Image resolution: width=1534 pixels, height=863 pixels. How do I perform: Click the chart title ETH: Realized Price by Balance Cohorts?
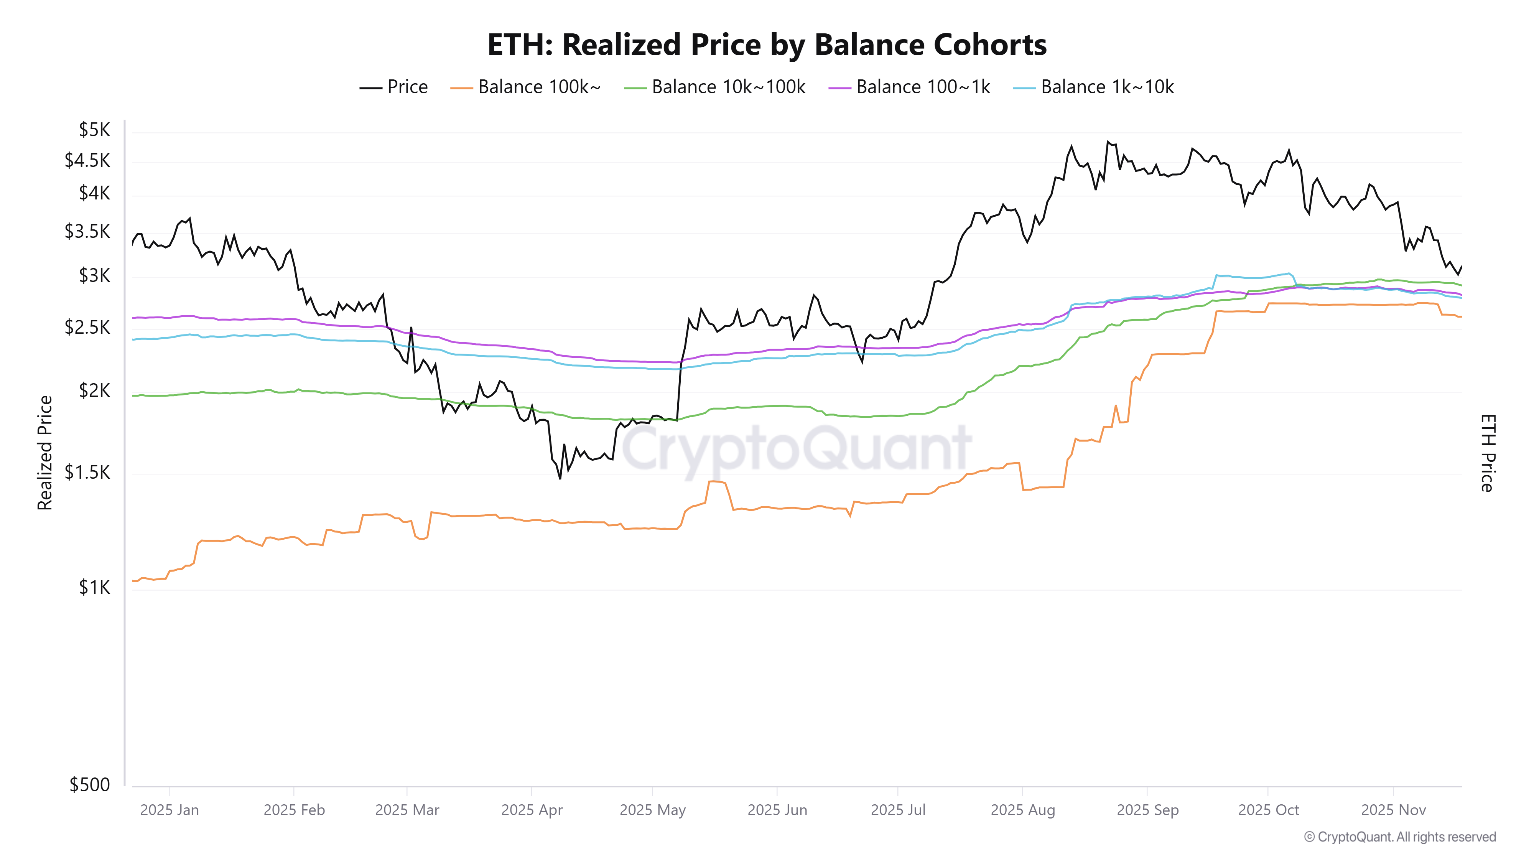(767, 44)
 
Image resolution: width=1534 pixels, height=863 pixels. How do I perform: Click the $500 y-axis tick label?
(90, 784)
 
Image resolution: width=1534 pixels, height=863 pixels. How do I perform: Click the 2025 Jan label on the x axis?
(170, 810)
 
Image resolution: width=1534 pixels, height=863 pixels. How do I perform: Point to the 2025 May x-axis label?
(653, 810)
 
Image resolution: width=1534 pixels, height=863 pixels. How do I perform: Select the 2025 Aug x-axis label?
(1022, 810)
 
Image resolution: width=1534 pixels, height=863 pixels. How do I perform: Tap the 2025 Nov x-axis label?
(1394, 810)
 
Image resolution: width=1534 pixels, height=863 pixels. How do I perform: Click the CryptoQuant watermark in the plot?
(797, 448)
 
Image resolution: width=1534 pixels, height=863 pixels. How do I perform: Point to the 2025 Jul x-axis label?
(898, 810)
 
